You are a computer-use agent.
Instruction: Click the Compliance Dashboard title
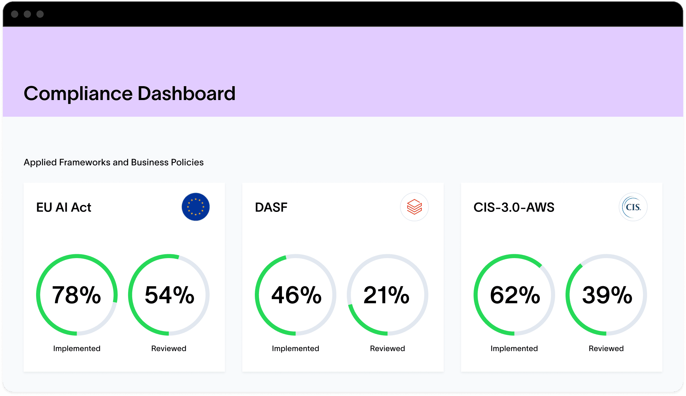tap(129, 93)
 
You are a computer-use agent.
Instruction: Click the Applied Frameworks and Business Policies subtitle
tap(114, 162)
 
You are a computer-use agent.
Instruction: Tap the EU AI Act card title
tap(64, 207)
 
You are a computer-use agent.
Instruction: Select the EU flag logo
tap(195, 207)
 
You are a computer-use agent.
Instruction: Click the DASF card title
tap(271, 207)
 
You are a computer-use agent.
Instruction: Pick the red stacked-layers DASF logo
tap(414, 207)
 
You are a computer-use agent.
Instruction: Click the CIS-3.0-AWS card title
tap(514, 207)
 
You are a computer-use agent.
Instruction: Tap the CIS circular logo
tap(633, 207)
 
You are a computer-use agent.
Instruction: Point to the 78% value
tap(76, 295)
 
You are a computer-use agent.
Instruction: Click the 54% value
tap(169, 295)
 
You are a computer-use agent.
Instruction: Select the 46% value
tap(296, 295)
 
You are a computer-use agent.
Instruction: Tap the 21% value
tap(387, 295)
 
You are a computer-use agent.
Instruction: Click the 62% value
tap(515, 295)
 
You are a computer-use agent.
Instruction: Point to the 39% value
tap(607, 295)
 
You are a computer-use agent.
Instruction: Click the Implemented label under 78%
tap(77, 348)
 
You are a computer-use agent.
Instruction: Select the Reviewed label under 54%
tap(169, 348)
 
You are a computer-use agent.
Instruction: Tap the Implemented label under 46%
tap(295, 348)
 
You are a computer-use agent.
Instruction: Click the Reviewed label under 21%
tap(387, 348)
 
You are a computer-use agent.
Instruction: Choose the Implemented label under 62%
tap(514, 348)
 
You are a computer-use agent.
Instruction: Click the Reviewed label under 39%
tap(606, 348)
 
